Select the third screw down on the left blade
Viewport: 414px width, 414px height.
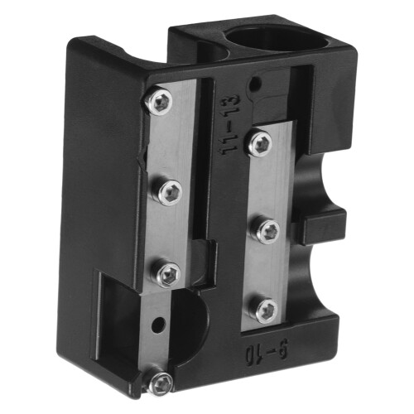[169, 272]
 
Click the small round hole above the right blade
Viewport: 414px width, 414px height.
[254, 82]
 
